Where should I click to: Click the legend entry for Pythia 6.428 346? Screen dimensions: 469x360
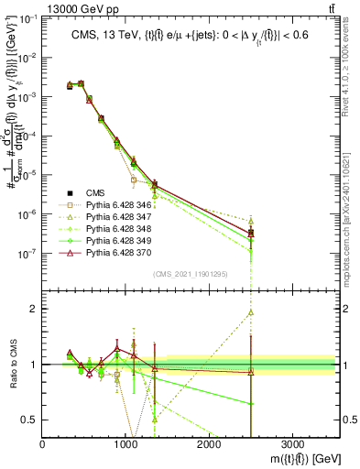[114, 205]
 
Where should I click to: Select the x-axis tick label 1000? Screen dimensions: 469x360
[125, 444]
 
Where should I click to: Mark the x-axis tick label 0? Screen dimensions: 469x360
[43, 444]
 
